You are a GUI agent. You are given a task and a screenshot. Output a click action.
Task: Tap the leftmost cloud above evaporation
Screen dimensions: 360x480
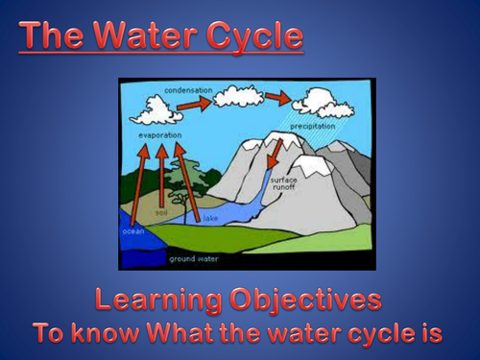point(156,110)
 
